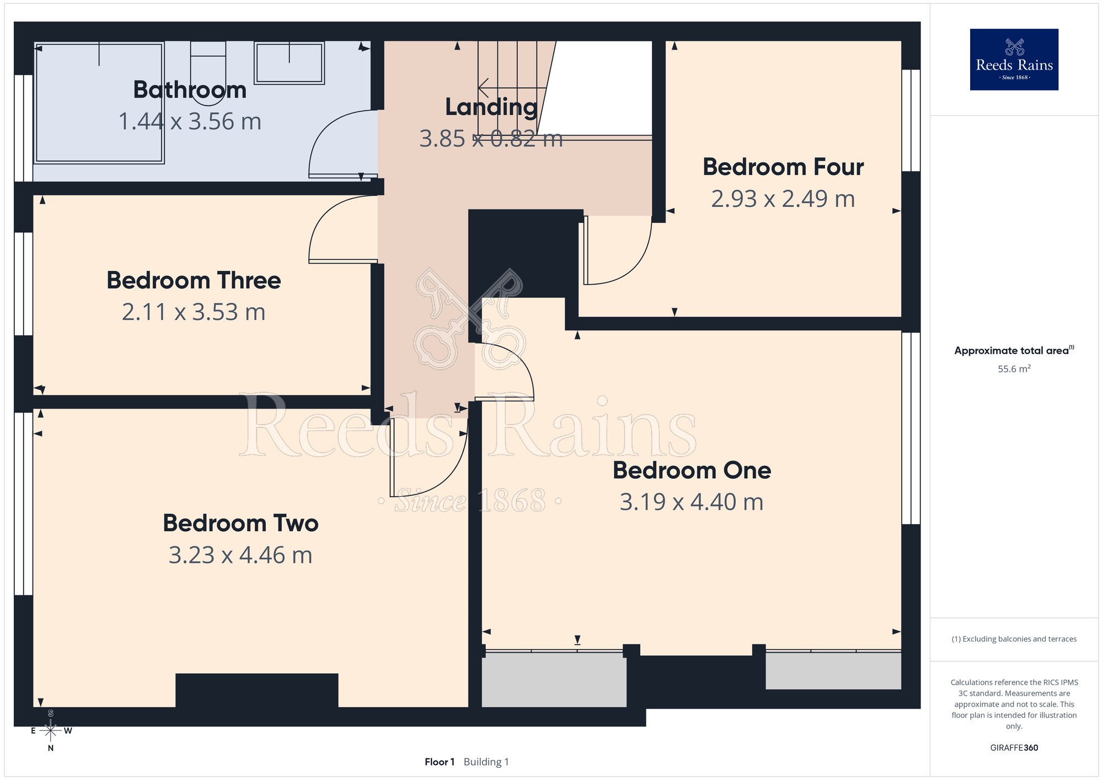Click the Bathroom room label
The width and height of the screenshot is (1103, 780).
(190, 90)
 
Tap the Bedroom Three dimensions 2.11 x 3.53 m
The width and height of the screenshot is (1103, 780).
(194, 312)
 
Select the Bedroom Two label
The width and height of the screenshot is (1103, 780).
(240, 523)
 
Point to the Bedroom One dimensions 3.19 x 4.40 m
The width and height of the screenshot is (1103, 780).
(692, 502)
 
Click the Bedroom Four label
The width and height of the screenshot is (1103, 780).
(783, 167)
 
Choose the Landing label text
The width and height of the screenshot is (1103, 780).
(491, 107)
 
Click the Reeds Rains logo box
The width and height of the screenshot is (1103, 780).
(1014, 60)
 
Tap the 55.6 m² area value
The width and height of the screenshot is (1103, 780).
(1014, 368)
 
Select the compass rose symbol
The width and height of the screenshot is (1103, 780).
(51, 731)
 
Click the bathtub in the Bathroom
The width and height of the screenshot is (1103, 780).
(99, 103)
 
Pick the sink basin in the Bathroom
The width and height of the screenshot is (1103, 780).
(289, 63)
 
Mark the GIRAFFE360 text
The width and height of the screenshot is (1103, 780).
(1014, 748)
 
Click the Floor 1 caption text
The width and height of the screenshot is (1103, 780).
(440, 762)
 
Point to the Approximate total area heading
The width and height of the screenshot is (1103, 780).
(1014, 350)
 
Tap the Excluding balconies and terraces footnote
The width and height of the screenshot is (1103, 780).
(1014, 639)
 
